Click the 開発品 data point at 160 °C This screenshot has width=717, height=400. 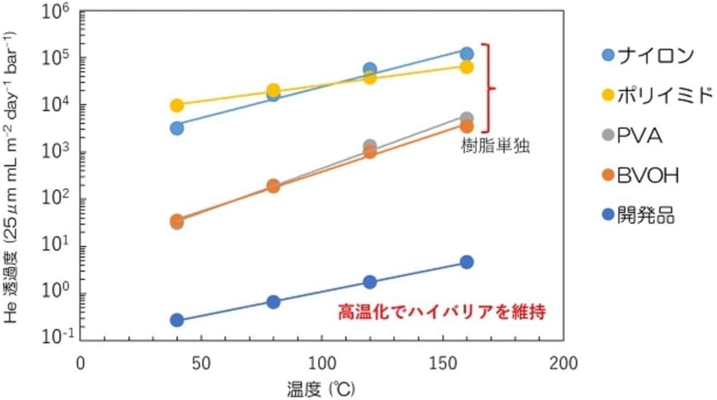pyautogui.click(x=467, y=262)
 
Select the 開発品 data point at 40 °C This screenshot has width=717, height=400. pyautogui.click(x=177, y=320)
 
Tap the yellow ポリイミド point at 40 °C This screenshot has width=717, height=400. pyautogui.click(x=177, y=105)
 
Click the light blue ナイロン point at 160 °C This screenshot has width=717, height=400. pyautogui.click(x=467, y=53)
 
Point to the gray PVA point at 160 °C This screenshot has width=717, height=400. pyautogui.click(x=467, y=118)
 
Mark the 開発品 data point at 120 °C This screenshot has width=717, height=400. pyautogui.click(x=370, y=282)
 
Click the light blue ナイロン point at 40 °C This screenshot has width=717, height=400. pyautogui.click(x=177, y=128)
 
